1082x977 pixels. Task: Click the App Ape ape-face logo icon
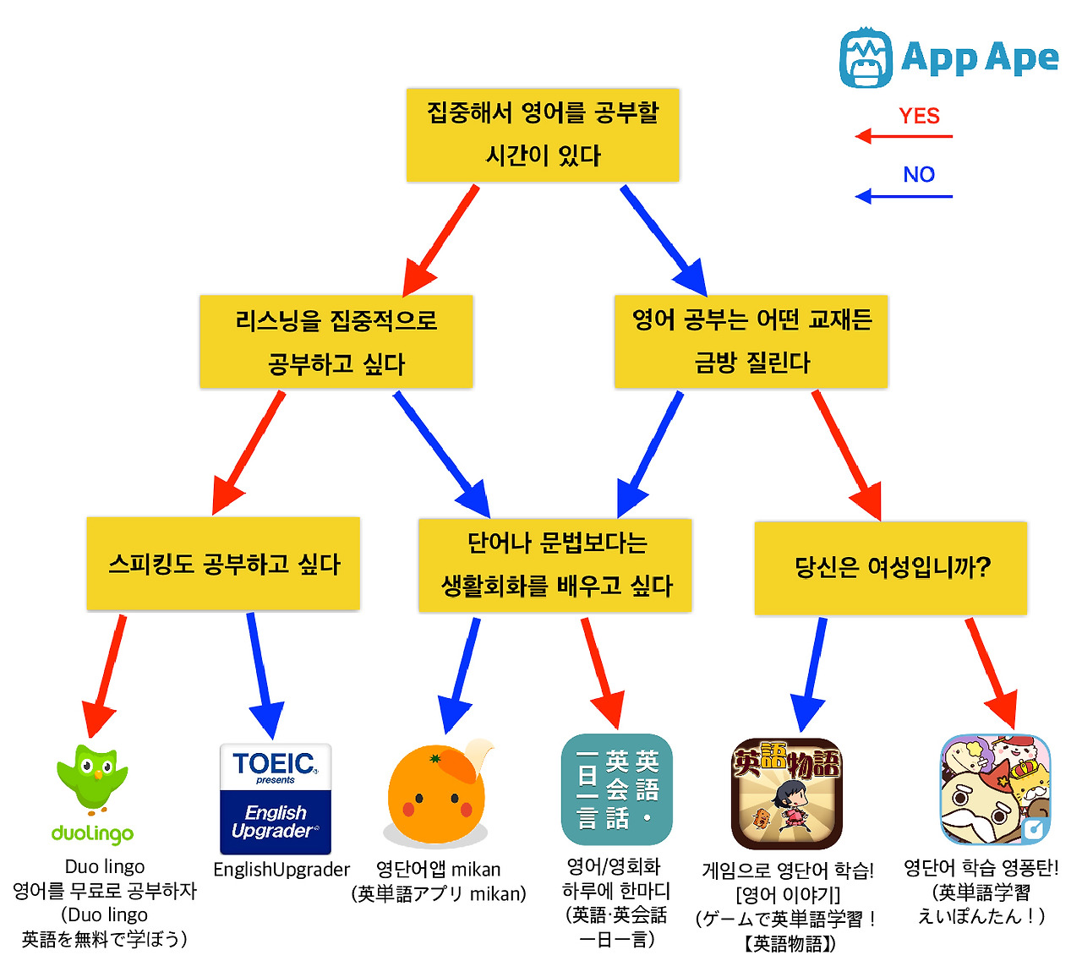tap(866, 57)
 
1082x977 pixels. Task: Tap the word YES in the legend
tap(919, 116)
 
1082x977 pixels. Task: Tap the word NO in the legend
tap(919, 175)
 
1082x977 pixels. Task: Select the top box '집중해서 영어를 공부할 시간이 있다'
tap(543, 135)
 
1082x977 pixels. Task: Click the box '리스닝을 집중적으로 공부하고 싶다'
tap(336, 342)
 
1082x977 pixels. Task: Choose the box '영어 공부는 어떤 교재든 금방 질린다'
tap(751, 342)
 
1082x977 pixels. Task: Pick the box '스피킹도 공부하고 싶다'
tap(223, 564)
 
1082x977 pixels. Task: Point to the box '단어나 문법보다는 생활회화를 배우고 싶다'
tap(555, 565)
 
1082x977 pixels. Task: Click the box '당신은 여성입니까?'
tap(891, 567)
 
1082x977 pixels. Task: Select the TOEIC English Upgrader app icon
tap(276, 799)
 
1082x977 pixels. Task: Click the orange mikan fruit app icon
tap(438, 794)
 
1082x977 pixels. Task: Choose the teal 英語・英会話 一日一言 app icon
tap(617, 789)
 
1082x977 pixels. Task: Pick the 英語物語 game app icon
tap(787, 793)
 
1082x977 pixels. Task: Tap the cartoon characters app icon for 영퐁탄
tap(996, 789)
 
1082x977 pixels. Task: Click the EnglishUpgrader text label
tap(281, 870)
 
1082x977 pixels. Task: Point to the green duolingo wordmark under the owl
tap(92, 833)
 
